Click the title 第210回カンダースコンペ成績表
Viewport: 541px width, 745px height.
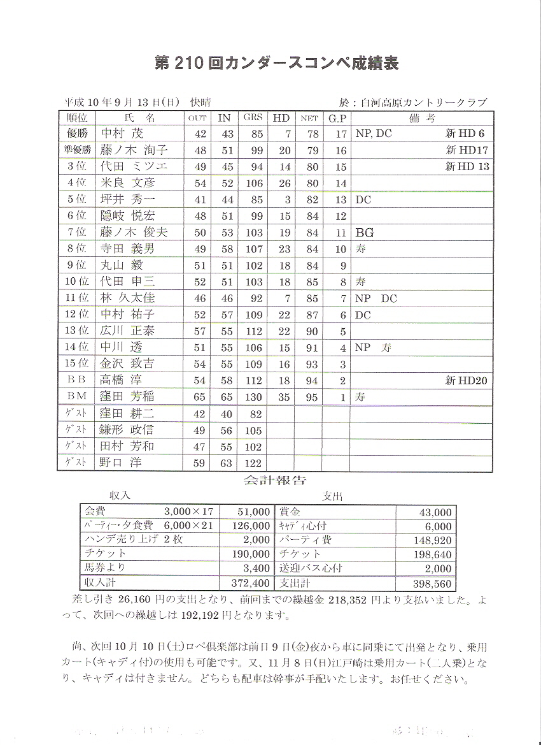[x=277, y=63]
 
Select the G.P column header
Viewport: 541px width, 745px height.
[x=337, y=118]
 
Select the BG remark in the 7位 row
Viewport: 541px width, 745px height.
[x=365, y=233]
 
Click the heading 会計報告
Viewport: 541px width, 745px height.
[x=274, y=481]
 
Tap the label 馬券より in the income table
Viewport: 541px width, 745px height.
[x=105, y=567]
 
